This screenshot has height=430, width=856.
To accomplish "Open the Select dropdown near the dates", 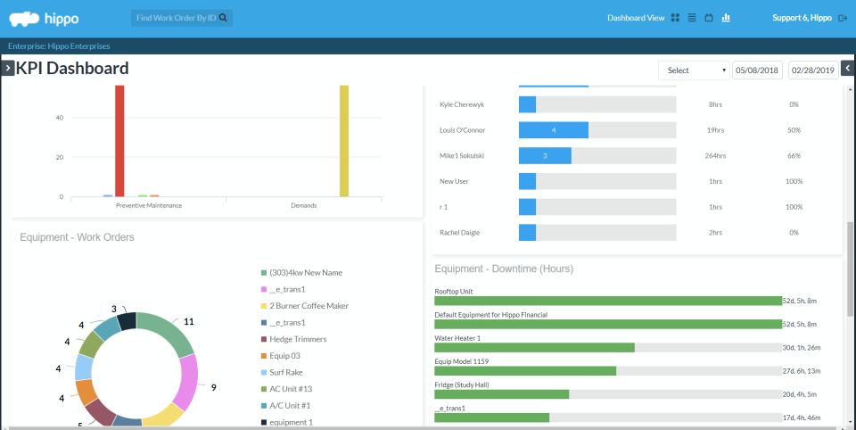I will click(694, 70).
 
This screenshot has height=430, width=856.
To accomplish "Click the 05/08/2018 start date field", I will click(757, 70).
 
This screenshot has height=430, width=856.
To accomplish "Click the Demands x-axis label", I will click(303, 205).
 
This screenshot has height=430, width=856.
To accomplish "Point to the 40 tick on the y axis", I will click(59, 118).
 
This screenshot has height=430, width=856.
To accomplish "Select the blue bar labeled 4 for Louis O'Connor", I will click(553, 130).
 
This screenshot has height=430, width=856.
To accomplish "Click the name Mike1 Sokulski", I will click(463, 156).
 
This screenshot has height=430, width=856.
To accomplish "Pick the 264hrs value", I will click(715, 156).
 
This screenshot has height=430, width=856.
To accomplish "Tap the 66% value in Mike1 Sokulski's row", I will click(794, 156).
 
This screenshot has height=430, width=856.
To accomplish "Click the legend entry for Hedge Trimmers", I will click(298, 339).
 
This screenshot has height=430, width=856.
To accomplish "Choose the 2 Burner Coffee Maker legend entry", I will click(309, 306).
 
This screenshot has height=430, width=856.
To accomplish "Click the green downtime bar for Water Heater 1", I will click(534, 348).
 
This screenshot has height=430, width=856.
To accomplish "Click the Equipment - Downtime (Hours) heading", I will click(503, 269).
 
